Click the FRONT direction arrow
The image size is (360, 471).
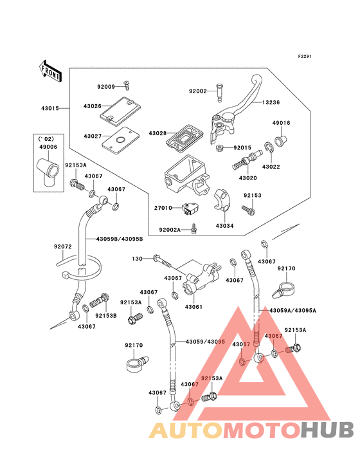click(50, 71)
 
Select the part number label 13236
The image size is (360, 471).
click(271, 102)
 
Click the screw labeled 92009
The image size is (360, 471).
click(127, 86)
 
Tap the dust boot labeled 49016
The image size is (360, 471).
click(281, 140)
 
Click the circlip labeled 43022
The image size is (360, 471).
click(269, 149)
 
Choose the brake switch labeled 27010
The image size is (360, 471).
click(191, 209)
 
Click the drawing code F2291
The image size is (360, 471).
click(305, 56)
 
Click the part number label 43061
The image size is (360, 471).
click(194, 307)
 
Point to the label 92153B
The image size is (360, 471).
click(106, 316)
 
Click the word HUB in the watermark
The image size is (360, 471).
click(327, 430)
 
